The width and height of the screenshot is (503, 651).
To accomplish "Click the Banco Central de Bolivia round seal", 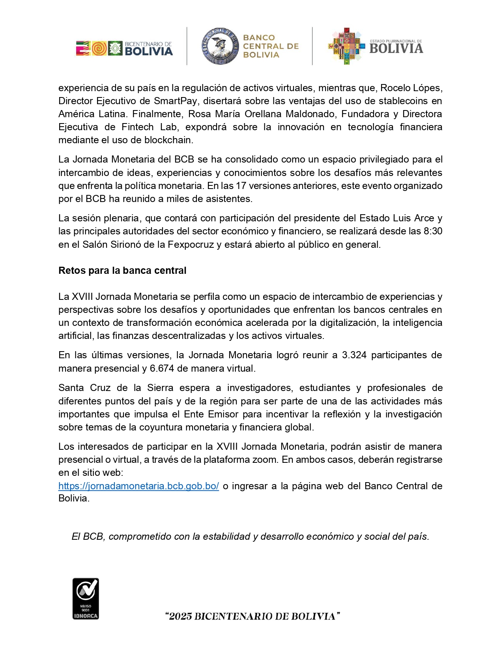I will (x=220, y=46).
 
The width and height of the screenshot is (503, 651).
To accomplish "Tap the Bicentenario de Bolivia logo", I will (x=124, y=48).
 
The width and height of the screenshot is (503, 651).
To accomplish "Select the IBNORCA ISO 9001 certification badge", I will (x=86, y=599).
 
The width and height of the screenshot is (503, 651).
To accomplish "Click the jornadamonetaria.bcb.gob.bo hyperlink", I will (x=138, y=486).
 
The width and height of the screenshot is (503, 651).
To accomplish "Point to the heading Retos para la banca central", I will (x=122, y=271).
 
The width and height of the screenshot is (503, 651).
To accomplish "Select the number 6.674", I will (x=162, y=369).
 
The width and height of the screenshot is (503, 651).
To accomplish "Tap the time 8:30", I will (x=433, y=231).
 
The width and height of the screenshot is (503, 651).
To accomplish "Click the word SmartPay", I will (x=176, y=101).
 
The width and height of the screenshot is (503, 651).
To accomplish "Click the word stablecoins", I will (x=403, y=101).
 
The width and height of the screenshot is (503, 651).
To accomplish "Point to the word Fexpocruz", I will (x=192, y=245).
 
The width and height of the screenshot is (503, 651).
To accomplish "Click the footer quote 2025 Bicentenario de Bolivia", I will (x=252, y=616).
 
